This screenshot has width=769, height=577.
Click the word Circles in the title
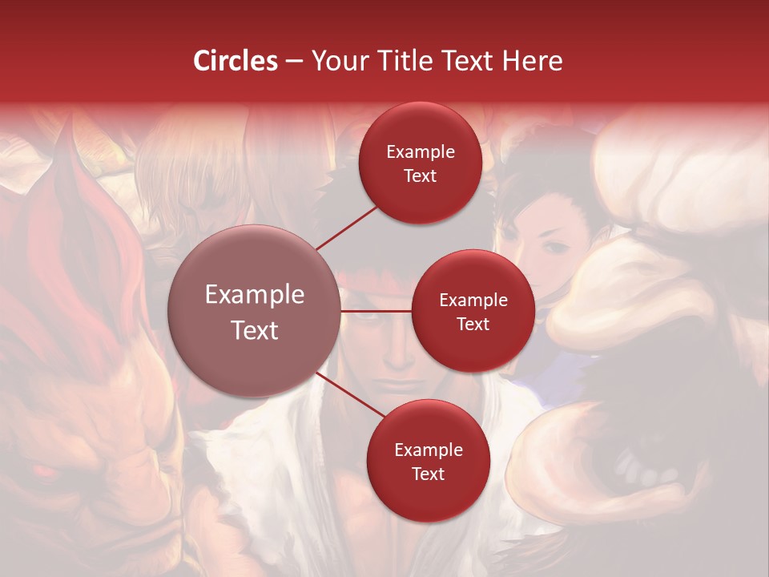click(x=236, y=61)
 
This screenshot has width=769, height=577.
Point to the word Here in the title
click(x=533, y=61)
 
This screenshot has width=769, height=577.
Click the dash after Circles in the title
click(x=294, y=62)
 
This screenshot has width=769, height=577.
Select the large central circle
click(x=255, y=311)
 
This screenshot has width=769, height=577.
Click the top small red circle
click(x=420, y=163)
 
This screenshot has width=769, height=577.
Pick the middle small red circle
click(x=473, y=311)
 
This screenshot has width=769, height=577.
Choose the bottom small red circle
click(x=428, y=461)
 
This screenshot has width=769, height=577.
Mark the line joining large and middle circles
click(x=376, y=311)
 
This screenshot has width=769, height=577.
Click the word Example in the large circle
click(x=255, y=295)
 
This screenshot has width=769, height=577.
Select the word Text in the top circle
click(x=420, y=176)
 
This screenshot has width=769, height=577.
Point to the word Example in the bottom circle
click(x=428, y=450)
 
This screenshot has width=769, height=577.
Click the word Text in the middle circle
click(x=473, y=324)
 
